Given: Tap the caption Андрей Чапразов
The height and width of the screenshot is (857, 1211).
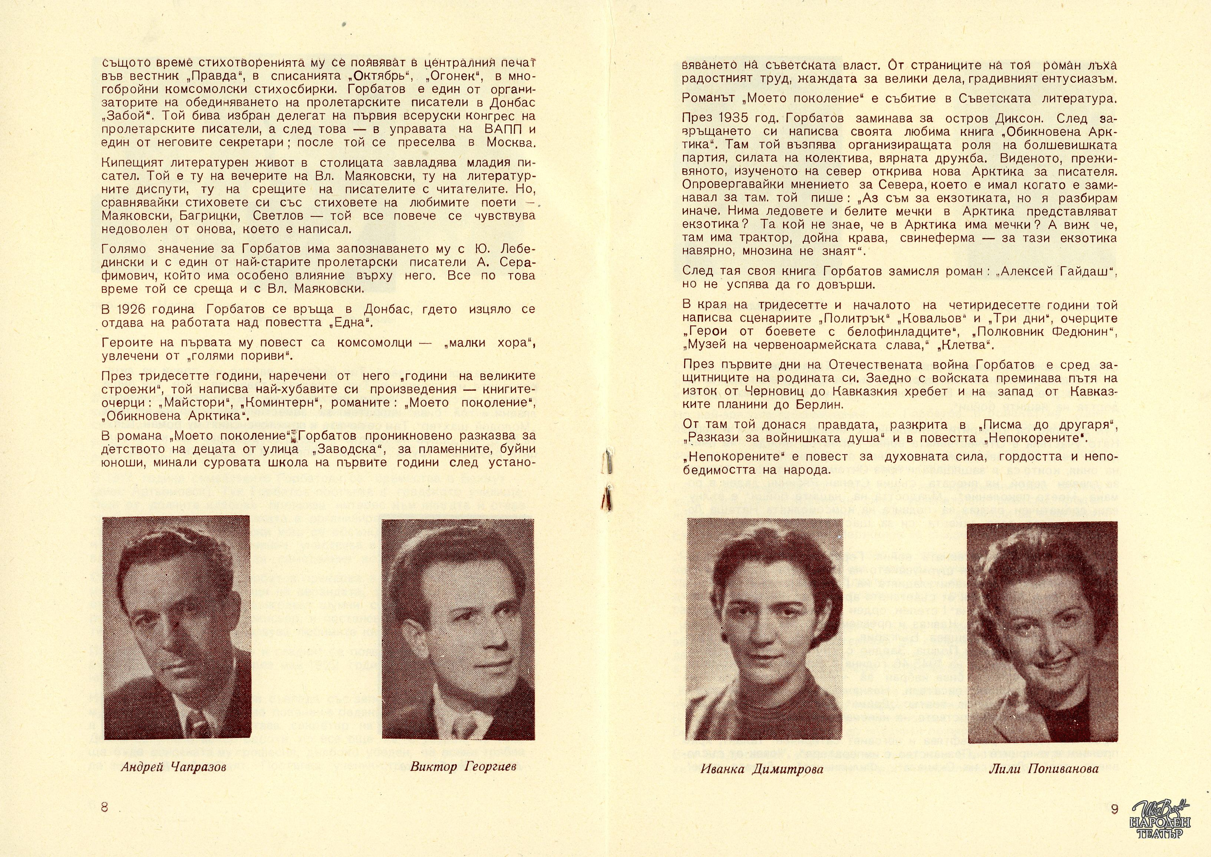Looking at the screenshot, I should click(x=173, y=767).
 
